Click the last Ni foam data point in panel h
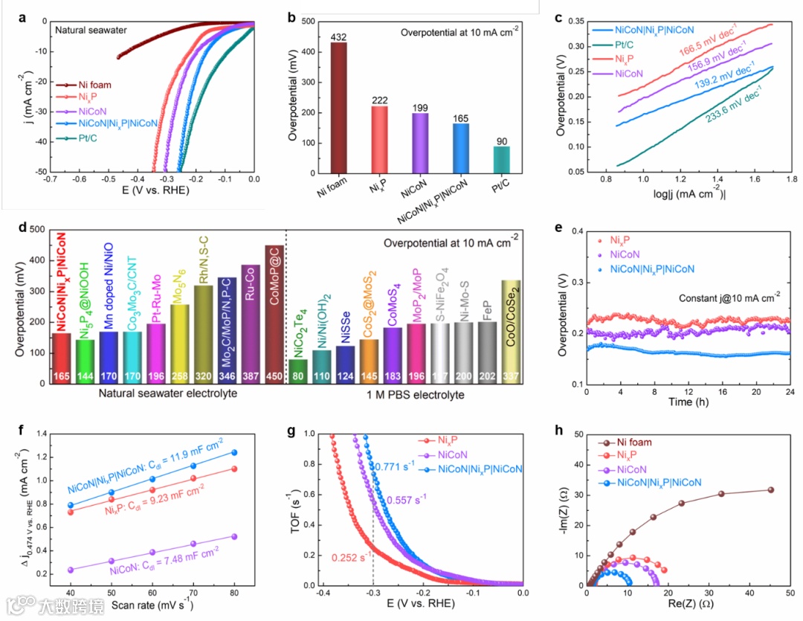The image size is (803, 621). tap(771, 489)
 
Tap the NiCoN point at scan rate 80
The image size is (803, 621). tap(235, 536)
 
